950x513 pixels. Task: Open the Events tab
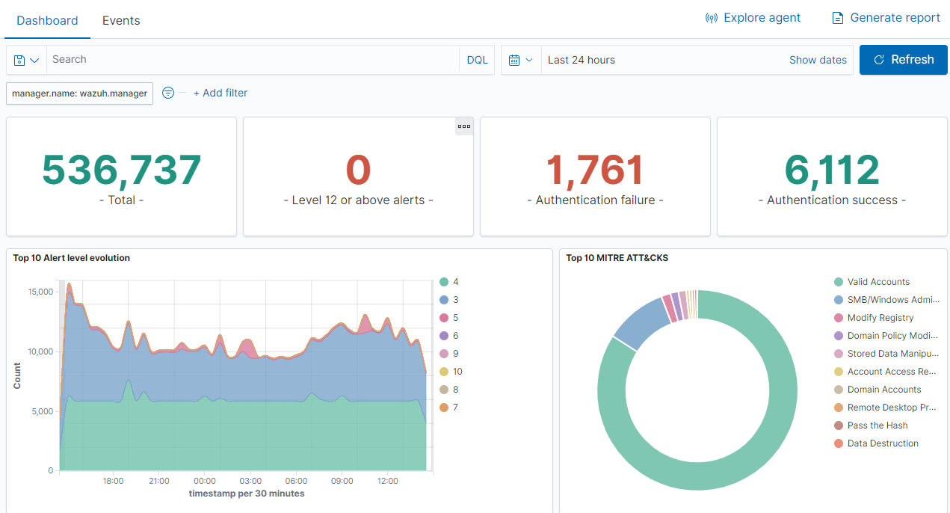click(x=121, y=20)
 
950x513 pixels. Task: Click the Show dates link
click(x=818, y=60)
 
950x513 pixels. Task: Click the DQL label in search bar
click(x=477, y=60)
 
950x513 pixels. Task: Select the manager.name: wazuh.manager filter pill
click(x=79, y=93)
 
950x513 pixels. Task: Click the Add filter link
click(x=220, y=93)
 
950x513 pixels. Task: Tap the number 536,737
click(x=121, y=170)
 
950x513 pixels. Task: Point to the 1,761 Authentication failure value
click(x=595, y=170)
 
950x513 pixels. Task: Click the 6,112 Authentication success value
click(x=832, y=170)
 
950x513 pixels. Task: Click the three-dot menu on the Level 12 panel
click(x=464, y=126)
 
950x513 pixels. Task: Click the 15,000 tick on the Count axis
click(x=40, y=292)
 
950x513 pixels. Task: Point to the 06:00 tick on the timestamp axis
click(x=296, y=481)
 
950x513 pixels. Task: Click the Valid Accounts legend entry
click(x=878, y=282)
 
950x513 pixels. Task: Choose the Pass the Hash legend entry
click(x=877, y=426)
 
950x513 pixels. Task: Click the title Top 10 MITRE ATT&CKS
click(x=617, y=258)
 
